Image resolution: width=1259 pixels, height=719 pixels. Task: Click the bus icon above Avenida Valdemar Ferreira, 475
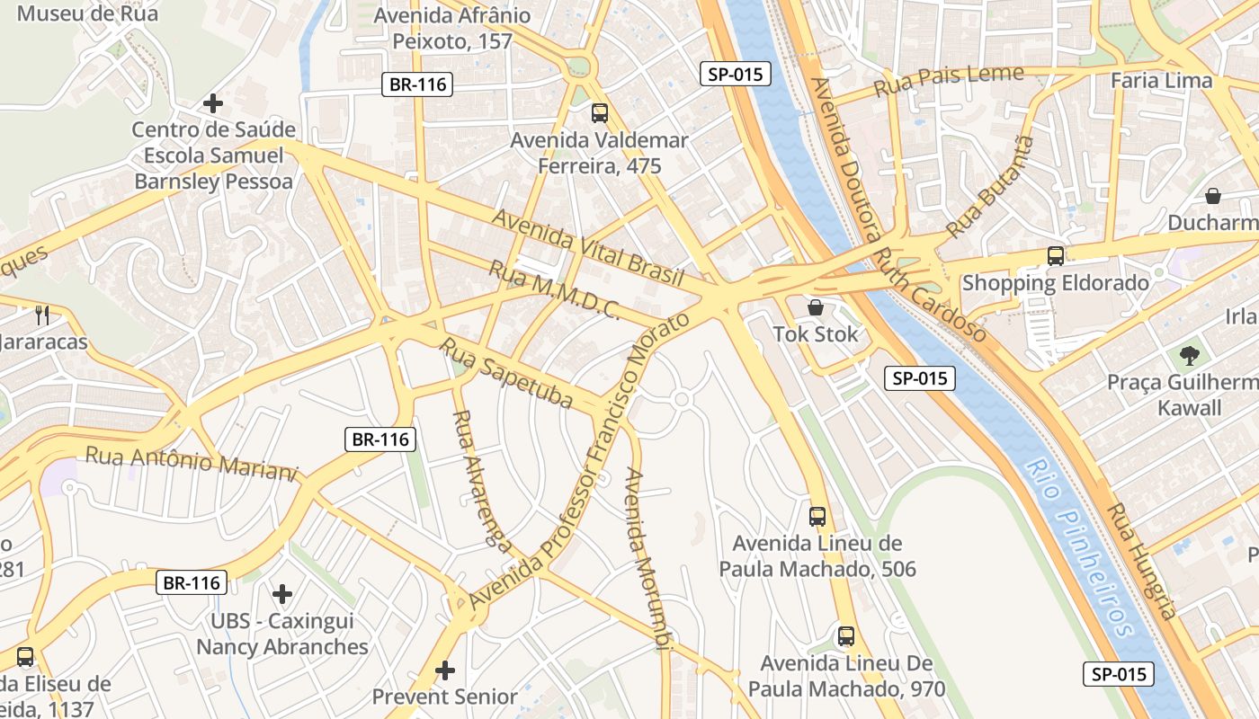click(600, 113)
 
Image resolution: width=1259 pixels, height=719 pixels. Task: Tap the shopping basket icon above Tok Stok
click(816, 307)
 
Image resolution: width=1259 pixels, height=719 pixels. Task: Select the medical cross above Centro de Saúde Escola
click(213, 103)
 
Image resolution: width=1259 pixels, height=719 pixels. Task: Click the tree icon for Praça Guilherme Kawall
click(1190, 356)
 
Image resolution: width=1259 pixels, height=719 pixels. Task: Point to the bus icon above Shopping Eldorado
click(1056, 256)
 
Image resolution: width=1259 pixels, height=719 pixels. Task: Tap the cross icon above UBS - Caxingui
click(282, 594)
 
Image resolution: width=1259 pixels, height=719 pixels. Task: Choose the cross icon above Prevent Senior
click(445, 670)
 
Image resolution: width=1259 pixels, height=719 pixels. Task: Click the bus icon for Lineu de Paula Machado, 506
click(817, 517)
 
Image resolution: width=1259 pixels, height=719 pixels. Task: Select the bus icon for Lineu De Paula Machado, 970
click(846, 636)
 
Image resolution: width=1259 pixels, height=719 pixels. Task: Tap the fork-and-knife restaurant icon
click(41, 315)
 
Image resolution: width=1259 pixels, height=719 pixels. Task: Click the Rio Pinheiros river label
click(1078, 547)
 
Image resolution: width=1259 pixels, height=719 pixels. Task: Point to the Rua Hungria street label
click(1141, 561)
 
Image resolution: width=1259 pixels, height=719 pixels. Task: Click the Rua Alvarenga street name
click(482, 482)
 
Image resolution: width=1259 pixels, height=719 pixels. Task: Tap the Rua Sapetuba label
click(505, 372)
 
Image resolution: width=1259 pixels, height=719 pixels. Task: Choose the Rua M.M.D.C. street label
click(554, 289)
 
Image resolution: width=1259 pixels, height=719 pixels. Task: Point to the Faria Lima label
click(1161, 80)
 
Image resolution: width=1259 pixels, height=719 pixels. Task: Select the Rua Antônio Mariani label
click(191, 463)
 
